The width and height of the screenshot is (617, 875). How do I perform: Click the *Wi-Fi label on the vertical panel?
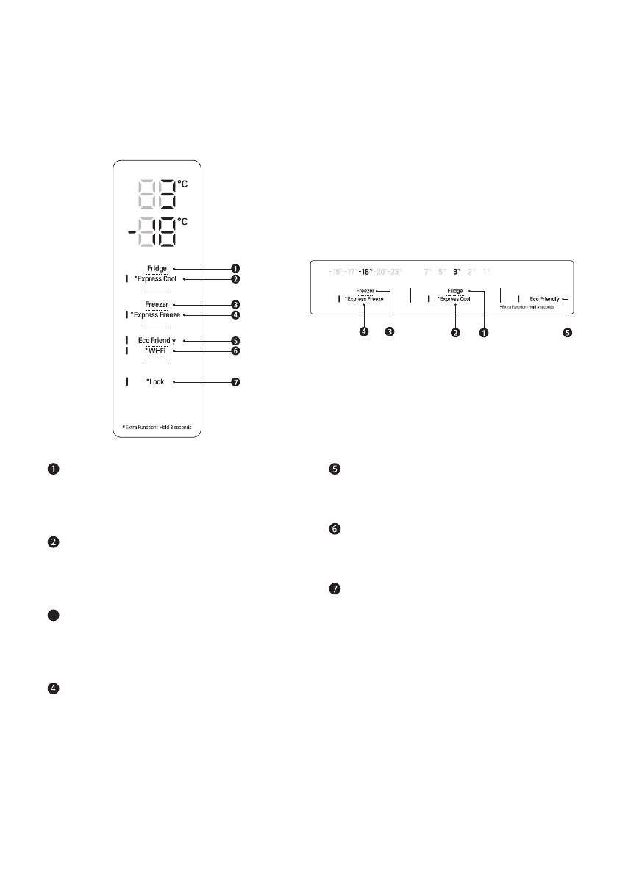click(x=156, y=351)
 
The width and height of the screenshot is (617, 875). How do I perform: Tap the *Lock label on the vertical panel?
click(x=155, y=382)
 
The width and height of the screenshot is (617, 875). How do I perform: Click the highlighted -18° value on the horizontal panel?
click(x=365, y=272)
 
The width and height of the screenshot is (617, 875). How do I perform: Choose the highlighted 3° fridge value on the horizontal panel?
click(x=457, y=272)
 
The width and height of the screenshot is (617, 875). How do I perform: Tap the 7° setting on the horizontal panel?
click(x=427, y=272)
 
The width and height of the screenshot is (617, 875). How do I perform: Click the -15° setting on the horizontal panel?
click(x=335, y=272)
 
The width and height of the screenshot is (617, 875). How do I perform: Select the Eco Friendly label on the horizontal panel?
click(x=544, y=299)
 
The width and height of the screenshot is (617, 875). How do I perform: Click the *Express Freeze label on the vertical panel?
click(x=155, y=315)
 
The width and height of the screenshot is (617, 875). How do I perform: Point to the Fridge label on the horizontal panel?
click(x=454, y=291)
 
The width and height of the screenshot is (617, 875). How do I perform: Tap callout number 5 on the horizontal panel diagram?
click(x=568, y=331)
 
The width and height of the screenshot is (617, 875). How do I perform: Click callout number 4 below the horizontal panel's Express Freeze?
click(x=364, y=331)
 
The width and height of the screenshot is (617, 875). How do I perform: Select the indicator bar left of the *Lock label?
click(x=126, y=382)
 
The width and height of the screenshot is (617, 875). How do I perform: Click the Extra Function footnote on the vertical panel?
click(x=156, y=427)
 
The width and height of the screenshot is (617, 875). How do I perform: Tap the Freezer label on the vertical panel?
click(x=157, y=304)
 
